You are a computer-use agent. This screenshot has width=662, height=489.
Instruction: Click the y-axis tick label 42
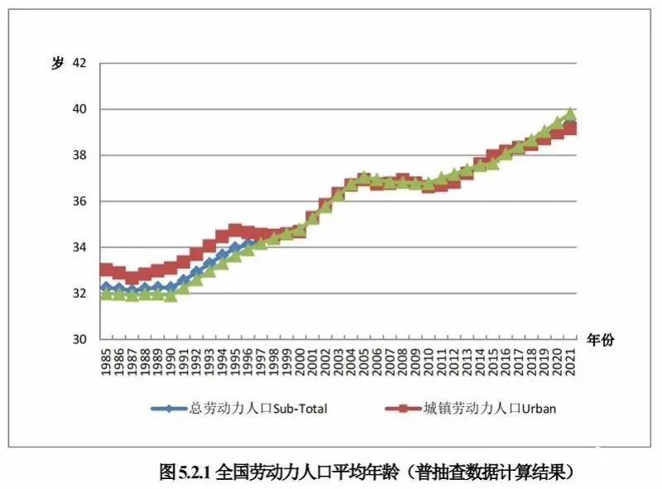point(79,63)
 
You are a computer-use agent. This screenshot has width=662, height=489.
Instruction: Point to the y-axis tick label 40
point(79,109)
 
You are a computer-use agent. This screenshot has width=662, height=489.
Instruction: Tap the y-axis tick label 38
point(79,156)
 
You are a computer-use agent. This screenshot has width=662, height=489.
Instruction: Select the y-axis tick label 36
point(79,201)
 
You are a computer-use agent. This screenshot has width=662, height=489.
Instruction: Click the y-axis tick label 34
point(79,247)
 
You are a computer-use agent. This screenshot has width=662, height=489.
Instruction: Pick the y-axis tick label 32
point(79,294)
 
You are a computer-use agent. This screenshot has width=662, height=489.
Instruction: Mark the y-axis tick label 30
point(79,340)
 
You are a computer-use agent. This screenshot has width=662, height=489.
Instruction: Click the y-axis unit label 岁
point(57,64)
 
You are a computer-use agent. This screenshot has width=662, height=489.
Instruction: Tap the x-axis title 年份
point(600,339)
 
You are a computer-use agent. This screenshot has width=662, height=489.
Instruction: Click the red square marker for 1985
point(106,270)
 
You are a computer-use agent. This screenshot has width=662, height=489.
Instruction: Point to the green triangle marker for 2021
point(570,113)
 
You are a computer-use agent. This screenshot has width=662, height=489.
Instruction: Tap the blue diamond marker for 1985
point(106,287)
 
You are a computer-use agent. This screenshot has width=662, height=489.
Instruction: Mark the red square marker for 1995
point(235,231)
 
